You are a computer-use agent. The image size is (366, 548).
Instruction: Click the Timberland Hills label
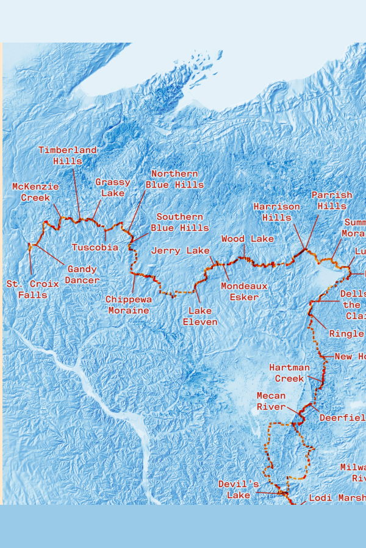coord(67,155)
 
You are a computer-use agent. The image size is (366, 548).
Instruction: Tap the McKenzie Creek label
coord(35,192)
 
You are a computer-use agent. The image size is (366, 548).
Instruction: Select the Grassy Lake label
coord(112,188)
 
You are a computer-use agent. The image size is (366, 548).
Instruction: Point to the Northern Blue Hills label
coord(174,179)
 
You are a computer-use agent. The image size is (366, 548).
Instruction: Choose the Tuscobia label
coord(95,247)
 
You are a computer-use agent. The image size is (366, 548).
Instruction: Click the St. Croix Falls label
coord(33,289)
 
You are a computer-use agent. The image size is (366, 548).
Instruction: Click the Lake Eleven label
coord(200,316)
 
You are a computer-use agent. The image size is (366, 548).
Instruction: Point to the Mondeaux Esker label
coord(240,291)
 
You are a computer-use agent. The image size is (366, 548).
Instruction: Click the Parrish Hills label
coord(332,200)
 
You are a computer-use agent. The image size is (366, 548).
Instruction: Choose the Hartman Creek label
coord(290,373)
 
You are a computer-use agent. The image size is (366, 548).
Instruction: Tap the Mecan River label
coord(271,401)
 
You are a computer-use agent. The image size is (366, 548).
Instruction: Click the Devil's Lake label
coord(239,490)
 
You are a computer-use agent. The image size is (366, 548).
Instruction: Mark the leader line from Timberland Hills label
coord(76,192)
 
